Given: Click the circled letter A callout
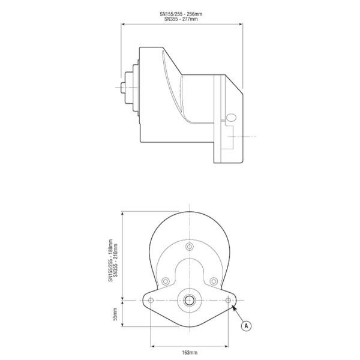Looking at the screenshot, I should tap(245, 326).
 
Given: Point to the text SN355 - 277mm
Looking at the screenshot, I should tap(181, 19).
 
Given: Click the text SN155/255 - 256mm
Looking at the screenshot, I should tap(181, 14).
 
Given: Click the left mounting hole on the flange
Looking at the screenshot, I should tap(151, 300).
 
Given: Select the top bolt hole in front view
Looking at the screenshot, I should tap(190, 247).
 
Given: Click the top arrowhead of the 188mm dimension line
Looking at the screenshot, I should tap(122, 213).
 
